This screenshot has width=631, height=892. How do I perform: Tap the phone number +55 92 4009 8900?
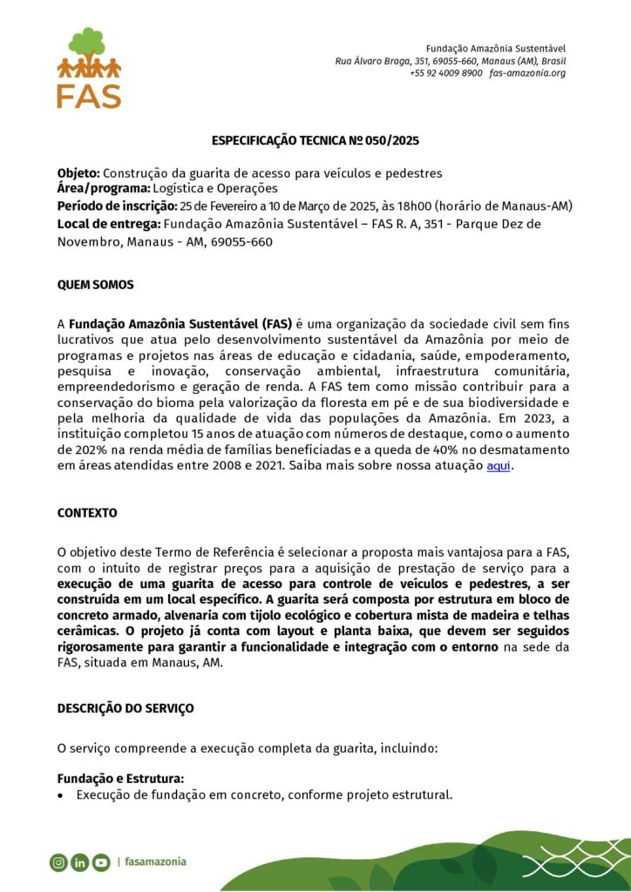[445, 73]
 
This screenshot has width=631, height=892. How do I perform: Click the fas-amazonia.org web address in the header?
[527, 73]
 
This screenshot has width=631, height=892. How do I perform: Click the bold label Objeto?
[79, 173]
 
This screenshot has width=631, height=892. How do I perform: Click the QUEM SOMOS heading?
[95, 285]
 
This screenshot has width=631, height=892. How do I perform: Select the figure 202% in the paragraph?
[74, 449]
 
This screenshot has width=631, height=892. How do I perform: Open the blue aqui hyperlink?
[498, 465]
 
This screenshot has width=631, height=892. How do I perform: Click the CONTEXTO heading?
[87, 513]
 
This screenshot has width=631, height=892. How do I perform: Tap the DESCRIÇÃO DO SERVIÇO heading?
[126, 708]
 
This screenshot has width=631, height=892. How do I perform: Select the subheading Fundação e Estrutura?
[120, 779]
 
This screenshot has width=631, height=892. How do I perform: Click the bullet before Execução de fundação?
[60, 795]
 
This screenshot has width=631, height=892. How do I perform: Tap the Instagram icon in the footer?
[58, 862]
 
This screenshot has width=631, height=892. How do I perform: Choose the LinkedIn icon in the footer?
[80, 862]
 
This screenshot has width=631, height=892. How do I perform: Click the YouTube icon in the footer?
[101, 862]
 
